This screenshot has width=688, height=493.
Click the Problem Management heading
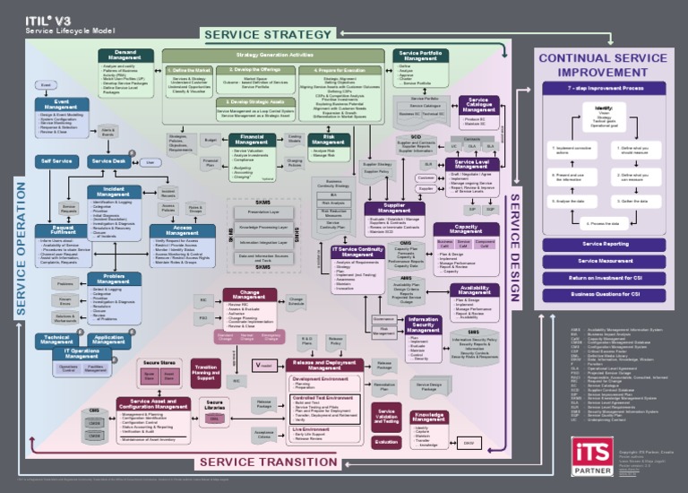(x=114, y=279)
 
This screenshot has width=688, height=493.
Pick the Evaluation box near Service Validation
(x=386, y=442)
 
